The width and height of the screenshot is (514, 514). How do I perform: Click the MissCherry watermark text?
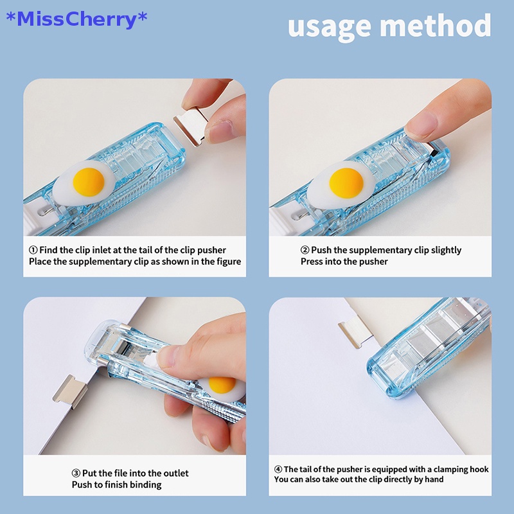76,19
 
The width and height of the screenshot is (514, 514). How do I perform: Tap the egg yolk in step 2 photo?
346,182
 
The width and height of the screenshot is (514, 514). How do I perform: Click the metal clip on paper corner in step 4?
355,332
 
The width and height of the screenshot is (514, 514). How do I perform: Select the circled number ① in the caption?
33,250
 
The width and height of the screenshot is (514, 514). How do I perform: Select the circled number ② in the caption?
305,250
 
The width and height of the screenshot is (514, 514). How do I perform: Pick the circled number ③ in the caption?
76,474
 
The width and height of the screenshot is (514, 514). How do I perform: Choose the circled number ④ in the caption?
278,470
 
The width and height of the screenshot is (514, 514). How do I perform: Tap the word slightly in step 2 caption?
443,250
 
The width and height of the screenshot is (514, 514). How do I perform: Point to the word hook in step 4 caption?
479,470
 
